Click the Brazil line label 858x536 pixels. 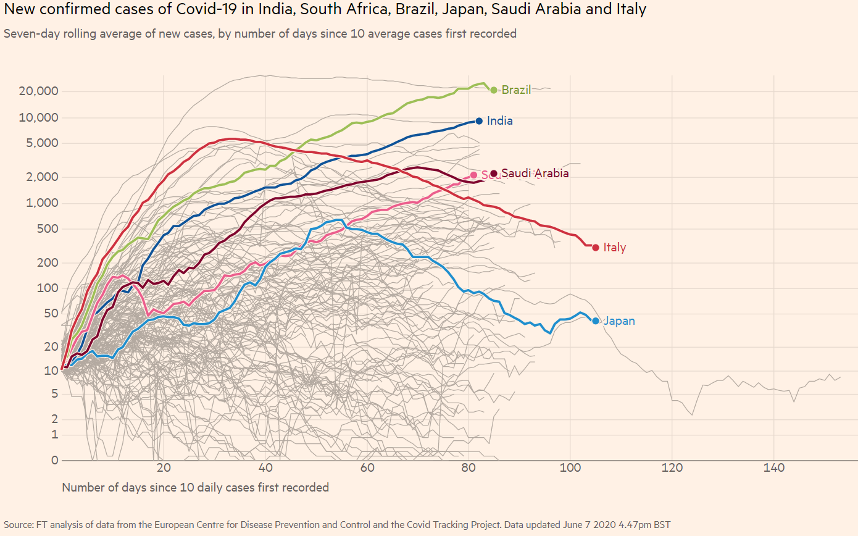tap(516, 90)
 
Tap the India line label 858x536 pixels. tap(499, 121)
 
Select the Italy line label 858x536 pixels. tap(615, 248)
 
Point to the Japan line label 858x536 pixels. tap(619, 321)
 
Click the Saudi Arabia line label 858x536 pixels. tap(535, 174)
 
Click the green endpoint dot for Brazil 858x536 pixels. tap(493, 90)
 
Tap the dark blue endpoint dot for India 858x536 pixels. tap(479, 121)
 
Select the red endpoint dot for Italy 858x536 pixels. tap(596, 248)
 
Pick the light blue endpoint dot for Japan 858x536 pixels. tap(596, 321)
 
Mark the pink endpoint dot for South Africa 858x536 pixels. tap(473, 175)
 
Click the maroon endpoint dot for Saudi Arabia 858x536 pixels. tap(494, 173)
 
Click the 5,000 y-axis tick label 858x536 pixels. tap(41, 144)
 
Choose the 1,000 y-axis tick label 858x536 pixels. tap(41, 203)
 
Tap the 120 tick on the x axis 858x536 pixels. tap(672, 467)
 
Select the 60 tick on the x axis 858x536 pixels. tap(368, 467)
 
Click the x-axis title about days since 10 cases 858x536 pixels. tap(196, 487)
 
